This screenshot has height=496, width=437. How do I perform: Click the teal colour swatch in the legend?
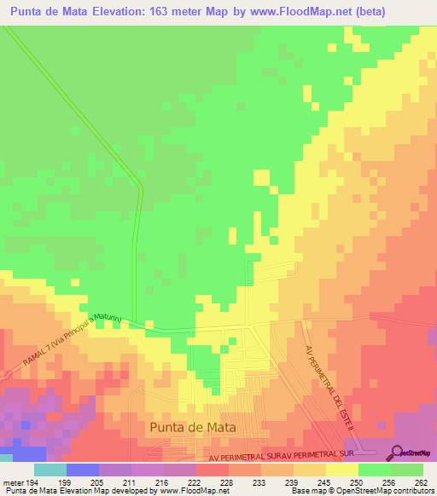[x=50, y=470]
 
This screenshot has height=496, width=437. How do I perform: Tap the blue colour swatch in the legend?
[x=82, y=470]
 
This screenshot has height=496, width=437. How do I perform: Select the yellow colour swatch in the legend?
[x=341, y=470]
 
